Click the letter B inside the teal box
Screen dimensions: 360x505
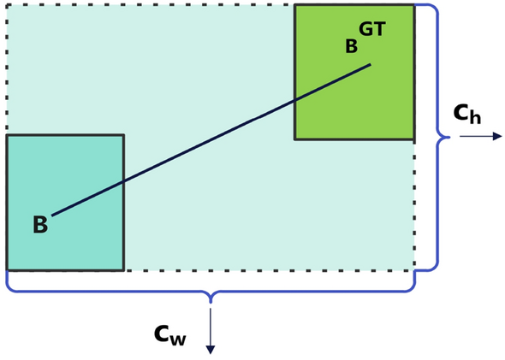[x=40, y=226]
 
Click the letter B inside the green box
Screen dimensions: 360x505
[x=351, y=46]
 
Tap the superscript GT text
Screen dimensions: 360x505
[x=371, y=29]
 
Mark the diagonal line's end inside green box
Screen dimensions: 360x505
[x=371, y=64]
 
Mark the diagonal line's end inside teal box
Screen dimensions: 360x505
[x=51, y=215]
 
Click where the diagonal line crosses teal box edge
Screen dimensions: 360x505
[x=124, y=181]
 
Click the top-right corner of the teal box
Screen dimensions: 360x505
[x=124, y=135]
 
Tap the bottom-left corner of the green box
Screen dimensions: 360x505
[x=295, y=139]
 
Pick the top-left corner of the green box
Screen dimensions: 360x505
[x=295, y=5]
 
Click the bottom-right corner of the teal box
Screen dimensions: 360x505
[x=124, y=270]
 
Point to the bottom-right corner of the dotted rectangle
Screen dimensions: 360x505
[x=414, y=270]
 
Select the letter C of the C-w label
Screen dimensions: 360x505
[x=162, y=333]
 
